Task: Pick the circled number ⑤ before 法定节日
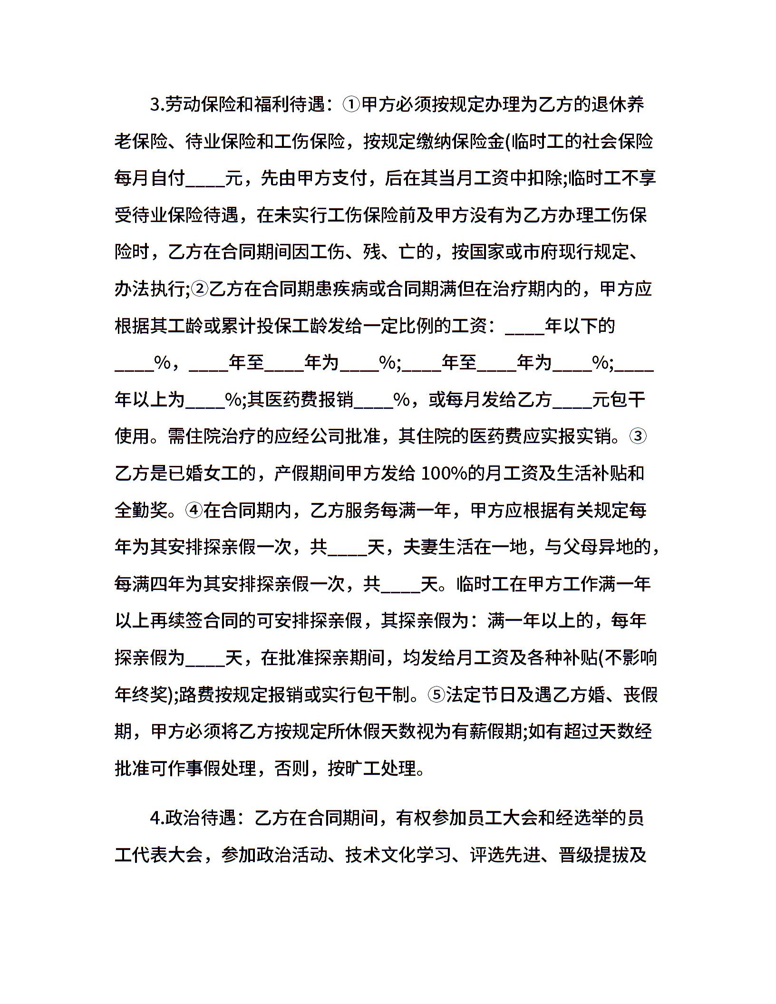(436, 695)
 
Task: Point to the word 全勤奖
(141, 511)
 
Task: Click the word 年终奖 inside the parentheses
(141, 695)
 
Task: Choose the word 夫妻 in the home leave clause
(420, 548)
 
